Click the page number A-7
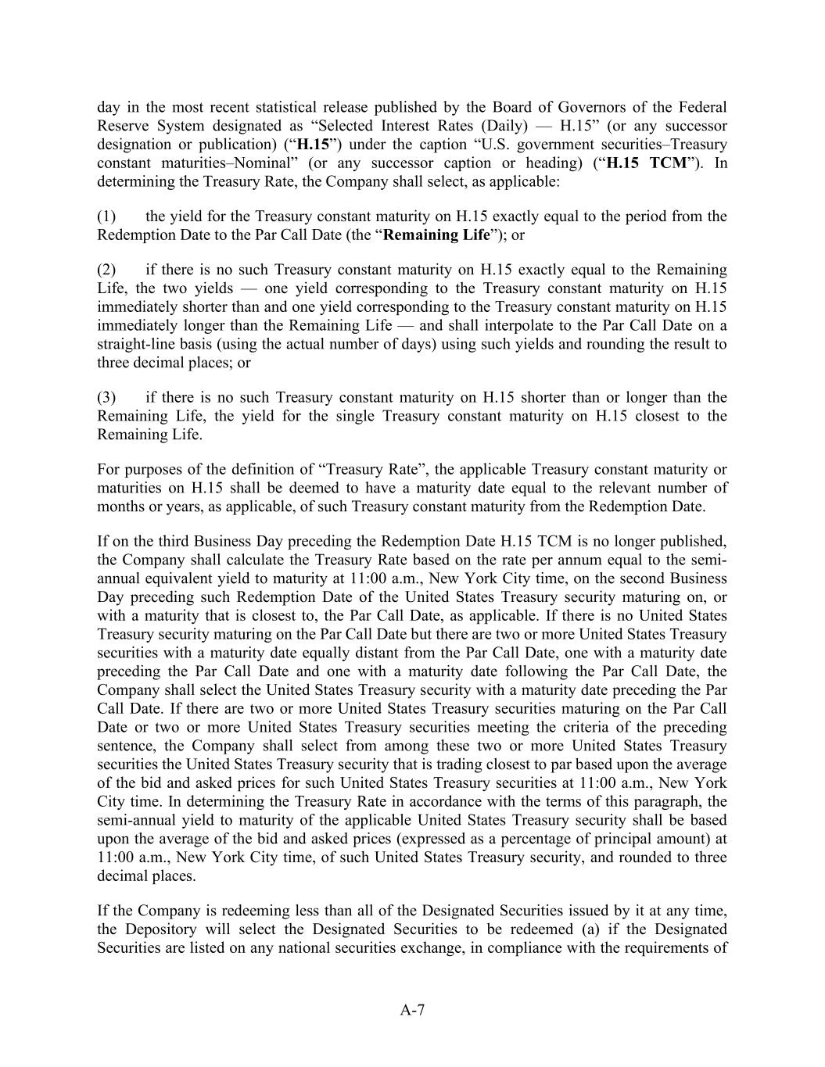pos(412,1010)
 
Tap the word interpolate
pos(486,326)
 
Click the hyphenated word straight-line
pos(135,345)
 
